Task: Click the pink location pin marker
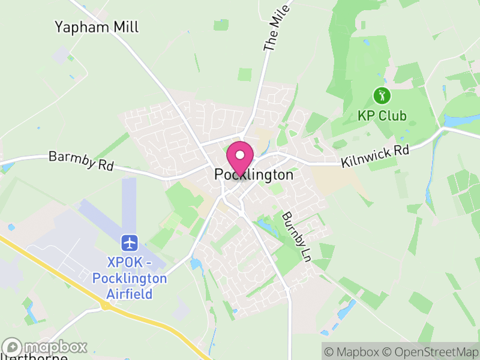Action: tap(240, 158)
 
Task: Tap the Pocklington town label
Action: tap(254, 175)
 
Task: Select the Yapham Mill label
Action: tap(97, 27)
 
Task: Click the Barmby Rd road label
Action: tap(81, 161)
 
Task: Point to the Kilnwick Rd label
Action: tap(375, 156)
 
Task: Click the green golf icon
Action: tap(382, 95)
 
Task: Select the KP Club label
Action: tap(382, 116)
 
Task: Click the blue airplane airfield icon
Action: tap(130, 243)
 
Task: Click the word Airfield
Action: tap(130, 293)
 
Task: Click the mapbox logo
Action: tap(45, 347)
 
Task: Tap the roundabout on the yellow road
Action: tap(106, 306)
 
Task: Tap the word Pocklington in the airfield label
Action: tap(130, 278)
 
